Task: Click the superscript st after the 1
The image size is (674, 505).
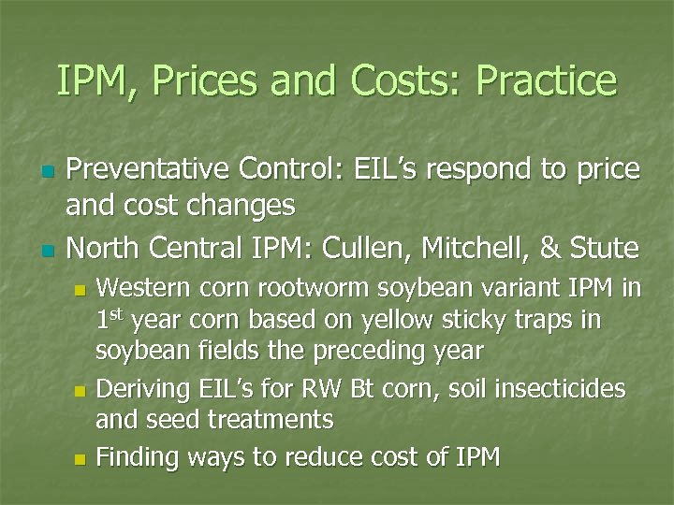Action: [119, 312]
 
